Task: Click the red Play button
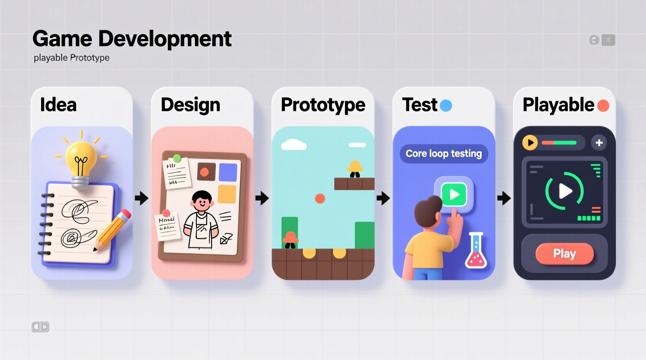tap(564, 254)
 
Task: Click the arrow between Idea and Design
tap(142, 198)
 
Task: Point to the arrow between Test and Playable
tap(504, 198)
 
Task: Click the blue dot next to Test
tap(446, 106)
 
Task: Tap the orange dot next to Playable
tap(603, 106)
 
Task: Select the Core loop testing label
tap(444, 154)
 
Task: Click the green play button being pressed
tap(454, 194)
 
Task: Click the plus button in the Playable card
tap(599, 143)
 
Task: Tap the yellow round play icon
tap(530, 143)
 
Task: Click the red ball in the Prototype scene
tap(320, 199)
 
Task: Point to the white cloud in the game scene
tap(294, 145)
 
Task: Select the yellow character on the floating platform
tap(355, 169)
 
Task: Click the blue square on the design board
tap(228, 172)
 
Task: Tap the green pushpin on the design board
tap(177, 158)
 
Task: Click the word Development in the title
tap(165, 39)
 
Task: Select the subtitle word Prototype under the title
tap(90, 58)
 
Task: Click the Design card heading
tap(190, 105)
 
